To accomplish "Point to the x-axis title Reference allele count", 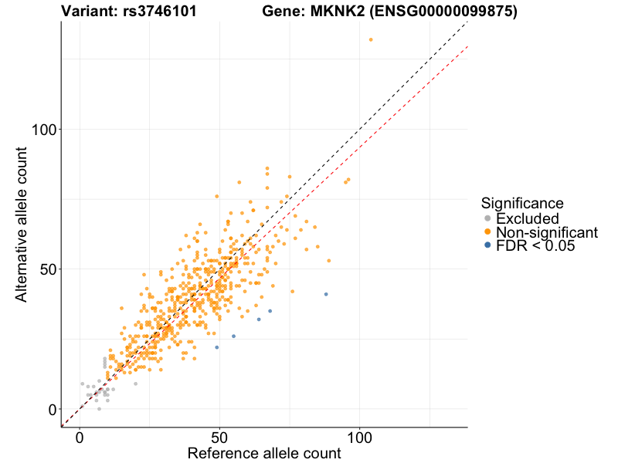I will point(263,453).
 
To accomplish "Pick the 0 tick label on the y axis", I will point(53,409).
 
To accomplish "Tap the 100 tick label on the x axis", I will point(359,437).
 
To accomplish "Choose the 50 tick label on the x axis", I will point(219,437).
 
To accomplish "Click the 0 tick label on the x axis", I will point(80,437).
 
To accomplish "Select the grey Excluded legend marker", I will point(487,219).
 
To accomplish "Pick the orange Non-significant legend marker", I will point(487,232).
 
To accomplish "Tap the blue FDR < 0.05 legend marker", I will point(487,245).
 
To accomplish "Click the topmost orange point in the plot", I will point(371,39).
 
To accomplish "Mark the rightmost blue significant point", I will point(326,294).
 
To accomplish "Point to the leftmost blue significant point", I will point(217,347).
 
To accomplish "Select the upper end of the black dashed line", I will point(467,23).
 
